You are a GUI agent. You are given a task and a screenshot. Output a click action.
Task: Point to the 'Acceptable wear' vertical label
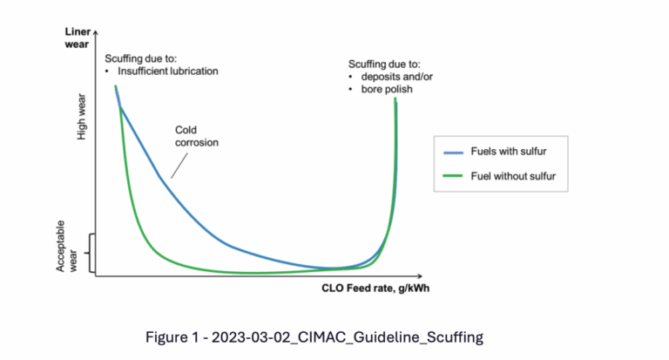[x=67, y=246]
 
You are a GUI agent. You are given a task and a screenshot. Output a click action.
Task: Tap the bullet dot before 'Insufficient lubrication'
[x=106, y=71]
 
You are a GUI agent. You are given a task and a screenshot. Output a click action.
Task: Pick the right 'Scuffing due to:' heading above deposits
[x=383, y=64]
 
